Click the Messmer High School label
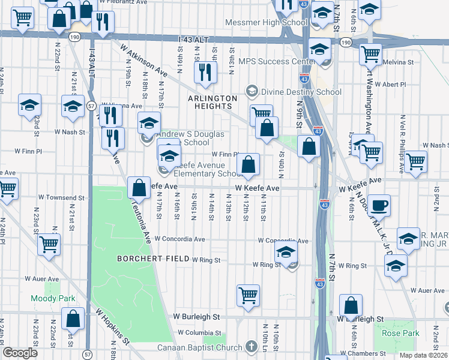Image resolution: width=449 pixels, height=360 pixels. pyautogui.click(x=265, y=23)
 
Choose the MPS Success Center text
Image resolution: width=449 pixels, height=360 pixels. pyautogui.click(x=276, y=61)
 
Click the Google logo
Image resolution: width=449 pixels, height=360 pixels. pyautogui.click(x=20, y=353)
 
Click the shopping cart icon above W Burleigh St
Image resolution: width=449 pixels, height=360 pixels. pyautogui.click(x=248, y=295)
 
